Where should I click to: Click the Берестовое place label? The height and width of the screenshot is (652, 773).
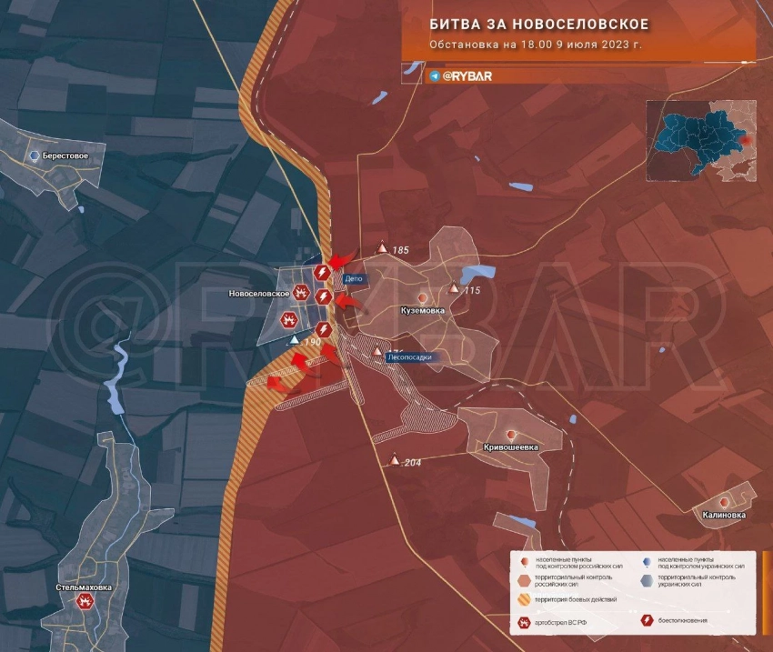click(x=65, y=156)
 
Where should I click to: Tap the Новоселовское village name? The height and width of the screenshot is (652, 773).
click(x=259, y=294)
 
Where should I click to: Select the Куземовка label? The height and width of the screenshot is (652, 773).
click(x=423, y=311)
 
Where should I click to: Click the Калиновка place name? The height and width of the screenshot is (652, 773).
click(x=724, y=515)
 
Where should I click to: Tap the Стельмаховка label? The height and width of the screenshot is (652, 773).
click(x=84, y=587)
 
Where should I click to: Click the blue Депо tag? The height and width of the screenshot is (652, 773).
click(x=355, y=279)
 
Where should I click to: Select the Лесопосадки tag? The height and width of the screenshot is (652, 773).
click(x=410, y=357)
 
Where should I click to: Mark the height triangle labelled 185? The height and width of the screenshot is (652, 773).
click(x=383, y=248)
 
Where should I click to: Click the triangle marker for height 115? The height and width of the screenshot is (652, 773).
click(x=455, y=288)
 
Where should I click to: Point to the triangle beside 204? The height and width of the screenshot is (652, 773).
click(x=395, y=460)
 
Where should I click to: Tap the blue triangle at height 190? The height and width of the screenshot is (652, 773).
click(x=293, y=340)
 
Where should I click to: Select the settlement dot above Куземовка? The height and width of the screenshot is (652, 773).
click(x=422, y=297)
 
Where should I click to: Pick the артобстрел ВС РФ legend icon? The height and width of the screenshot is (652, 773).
click(x=525, y=623)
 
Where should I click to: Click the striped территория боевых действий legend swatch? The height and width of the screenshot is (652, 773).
click(x=525, y=599)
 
